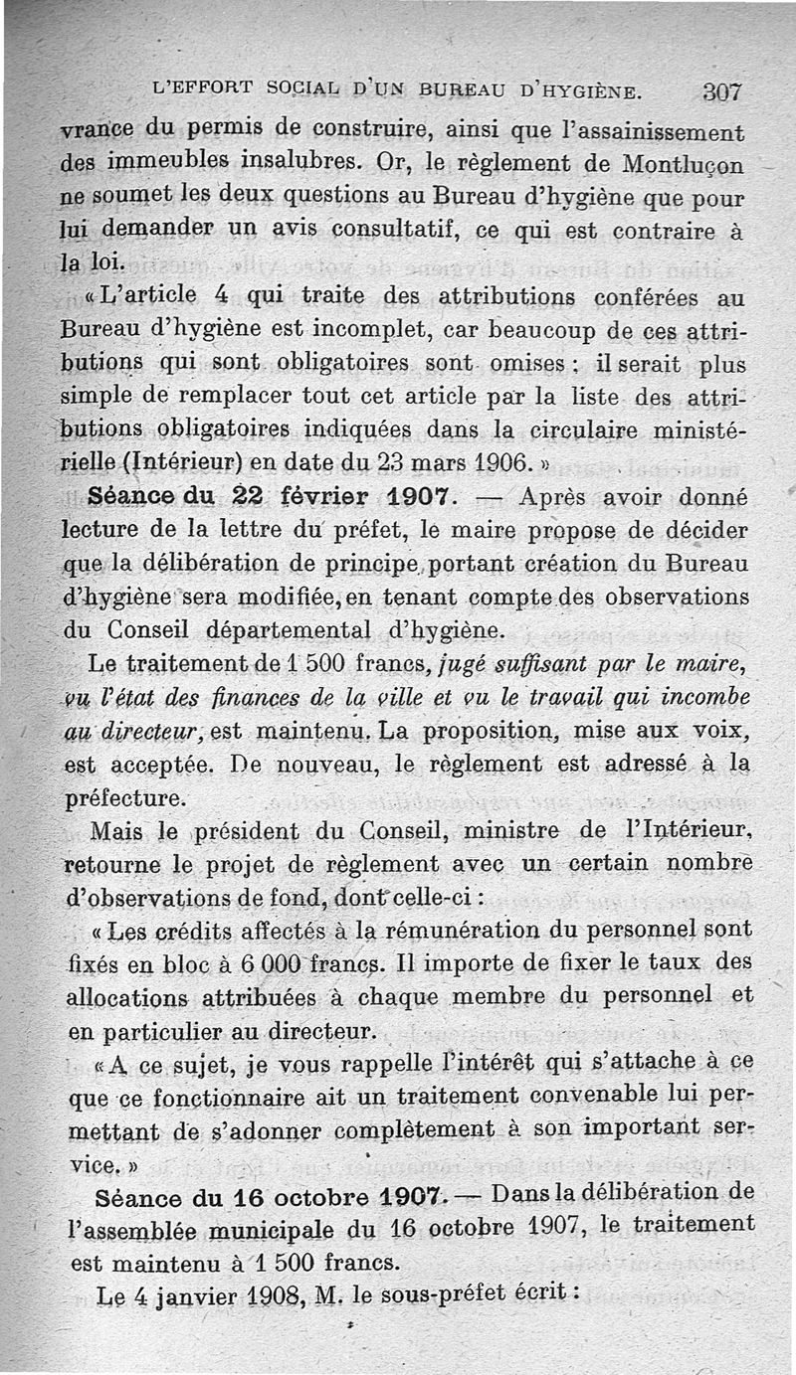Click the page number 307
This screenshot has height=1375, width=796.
coord(722,92)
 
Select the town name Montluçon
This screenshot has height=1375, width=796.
coord(687,162)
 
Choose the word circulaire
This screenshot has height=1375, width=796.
coord(560,430)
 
